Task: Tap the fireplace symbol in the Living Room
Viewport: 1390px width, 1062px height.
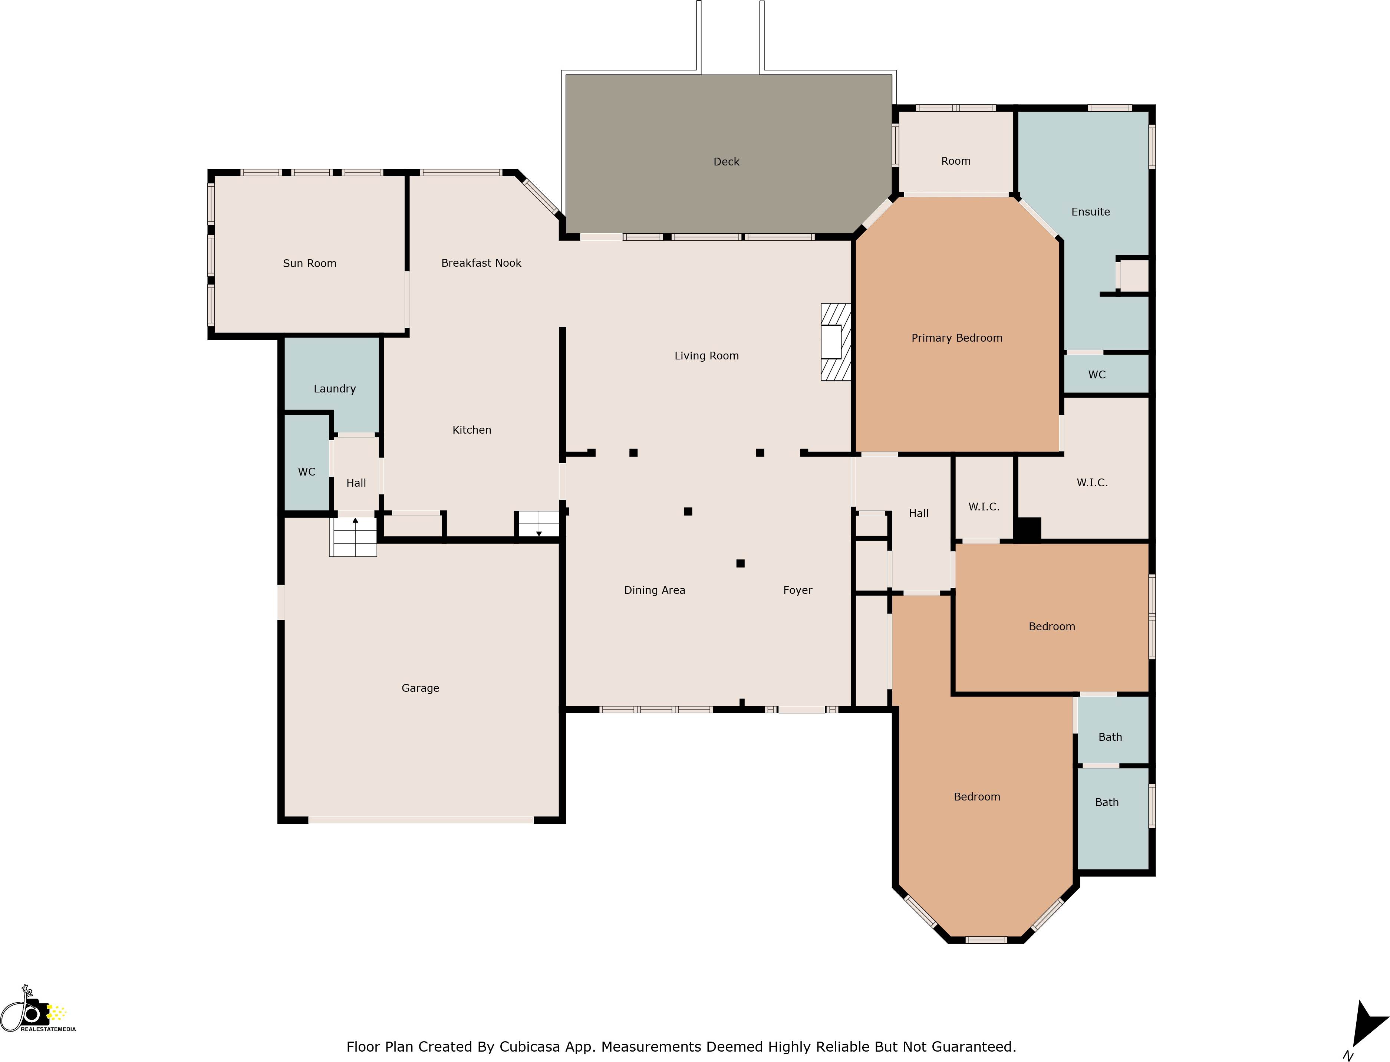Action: pyautogui.click(x=834, y=342)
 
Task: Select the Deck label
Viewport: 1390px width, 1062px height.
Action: pyautogui.click(x=726, y=162)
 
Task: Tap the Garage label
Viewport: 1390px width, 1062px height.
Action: pyautogui.click(x=420, y=688)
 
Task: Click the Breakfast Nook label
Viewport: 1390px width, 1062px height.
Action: pyautogui.click(x=481, y=263)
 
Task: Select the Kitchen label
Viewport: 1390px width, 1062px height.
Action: pyautogui.click(x=471, y=430)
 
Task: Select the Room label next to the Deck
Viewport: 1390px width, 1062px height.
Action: pyautogui.click(x=955, y=161)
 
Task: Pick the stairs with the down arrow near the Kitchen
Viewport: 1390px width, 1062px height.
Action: pyautogui.click(x=538, y=524)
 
